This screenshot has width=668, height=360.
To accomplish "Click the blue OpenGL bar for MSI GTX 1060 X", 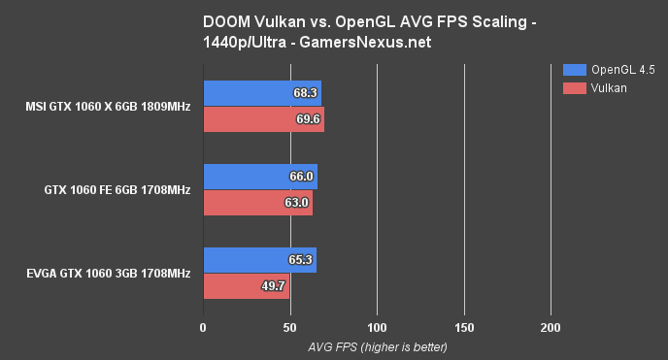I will pyautogui.click(x=261, y=93).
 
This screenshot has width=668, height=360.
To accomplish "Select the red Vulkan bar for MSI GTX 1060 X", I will pyautogui.click(x=263, y=119).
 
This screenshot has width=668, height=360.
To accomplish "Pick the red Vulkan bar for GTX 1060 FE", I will pyautogui.click(x=257, y=203).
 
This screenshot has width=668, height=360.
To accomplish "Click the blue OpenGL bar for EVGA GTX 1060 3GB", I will pyautogui.click(x=258, y=261).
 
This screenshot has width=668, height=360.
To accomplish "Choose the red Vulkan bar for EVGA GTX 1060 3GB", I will pyautogui.click(x=246, y=286).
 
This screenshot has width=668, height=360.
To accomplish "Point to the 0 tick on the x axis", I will pyautogui.click(x=202, y=329).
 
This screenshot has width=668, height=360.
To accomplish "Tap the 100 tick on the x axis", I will pyautogui.click(x=377, y=329).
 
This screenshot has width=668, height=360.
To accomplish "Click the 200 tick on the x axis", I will pyautogui.click(x=551, y=329).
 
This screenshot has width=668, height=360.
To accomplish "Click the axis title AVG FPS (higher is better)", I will pyautogui.click(x=377, y=346).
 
